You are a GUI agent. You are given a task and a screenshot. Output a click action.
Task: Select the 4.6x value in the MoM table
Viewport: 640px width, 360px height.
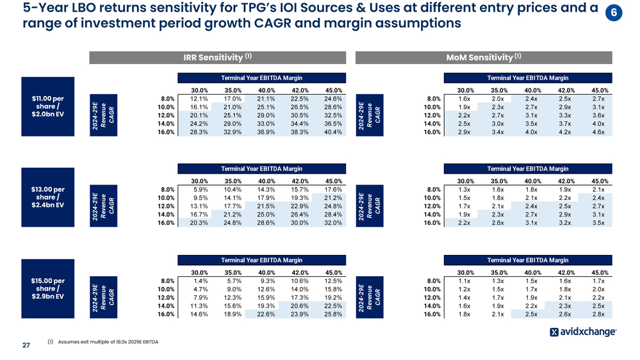tap(598, 133)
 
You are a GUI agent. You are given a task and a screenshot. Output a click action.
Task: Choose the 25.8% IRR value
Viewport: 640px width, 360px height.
tap(332, 315)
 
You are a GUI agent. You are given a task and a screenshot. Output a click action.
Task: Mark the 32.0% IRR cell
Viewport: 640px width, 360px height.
tap(332, 224)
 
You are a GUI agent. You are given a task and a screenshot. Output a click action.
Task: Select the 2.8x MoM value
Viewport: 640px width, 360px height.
tap(598, 315)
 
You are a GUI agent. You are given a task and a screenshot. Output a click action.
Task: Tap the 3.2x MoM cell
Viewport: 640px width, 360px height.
tap(566, 224)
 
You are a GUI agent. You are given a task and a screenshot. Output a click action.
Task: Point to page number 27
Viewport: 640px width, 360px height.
tap(26, 345)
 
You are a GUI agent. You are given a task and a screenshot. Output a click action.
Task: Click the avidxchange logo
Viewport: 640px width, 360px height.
tap(583, 332)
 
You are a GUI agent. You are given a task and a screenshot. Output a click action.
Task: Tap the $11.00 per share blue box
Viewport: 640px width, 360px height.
tap(48, 106)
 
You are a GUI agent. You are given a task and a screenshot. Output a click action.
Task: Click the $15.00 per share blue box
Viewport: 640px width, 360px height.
tap(48, 289)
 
